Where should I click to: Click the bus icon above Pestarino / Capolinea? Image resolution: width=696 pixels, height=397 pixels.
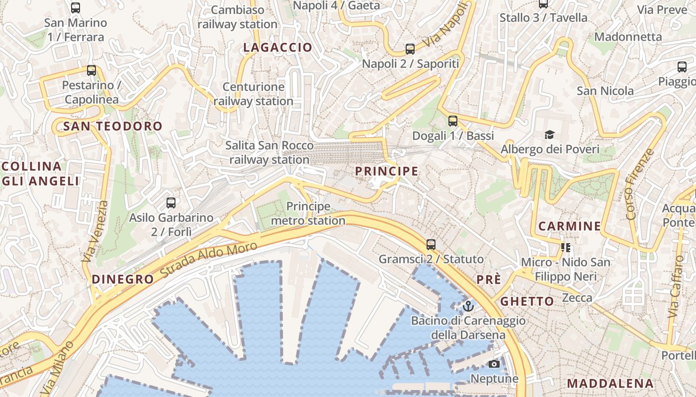tap(91, 70)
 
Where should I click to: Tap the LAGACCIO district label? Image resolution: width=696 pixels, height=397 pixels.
tap(277, 48)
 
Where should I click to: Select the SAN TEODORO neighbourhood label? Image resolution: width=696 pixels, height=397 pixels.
tap(113, 126)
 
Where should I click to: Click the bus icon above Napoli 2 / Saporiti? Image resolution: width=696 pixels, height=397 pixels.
tap(410, 49)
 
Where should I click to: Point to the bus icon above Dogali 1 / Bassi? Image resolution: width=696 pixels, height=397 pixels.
tap(452, 121)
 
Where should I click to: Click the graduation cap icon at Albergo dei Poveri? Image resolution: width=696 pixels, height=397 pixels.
tap(549, 134)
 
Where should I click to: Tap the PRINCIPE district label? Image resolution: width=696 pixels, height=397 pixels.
tap(386, 171)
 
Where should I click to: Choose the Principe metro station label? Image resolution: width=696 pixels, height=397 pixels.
tap(308, 213)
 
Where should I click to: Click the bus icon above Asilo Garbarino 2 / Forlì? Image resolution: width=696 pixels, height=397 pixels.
tap(171, 203)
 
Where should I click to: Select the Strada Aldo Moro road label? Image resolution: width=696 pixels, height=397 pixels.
tap(209, 259)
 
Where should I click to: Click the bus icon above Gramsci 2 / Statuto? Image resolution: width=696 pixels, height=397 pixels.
tap(431, 245)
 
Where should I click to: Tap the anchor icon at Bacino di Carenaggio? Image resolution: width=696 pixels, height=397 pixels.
tap(468, 306)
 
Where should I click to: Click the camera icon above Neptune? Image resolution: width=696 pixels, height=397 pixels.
tap(494, 364)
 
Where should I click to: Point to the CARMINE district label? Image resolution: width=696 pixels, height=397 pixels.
tap(570, 226)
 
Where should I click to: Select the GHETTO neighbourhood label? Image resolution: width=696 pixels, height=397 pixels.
tap(527, 301)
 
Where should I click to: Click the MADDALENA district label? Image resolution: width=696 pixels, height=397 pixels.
tap(610, 383)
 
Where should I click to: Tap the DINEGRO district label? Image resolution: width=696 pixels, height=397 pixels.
tap(123, 279)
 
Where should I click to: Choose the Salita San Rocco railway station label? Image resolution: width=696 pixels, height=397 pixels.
tap(269, 152)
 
